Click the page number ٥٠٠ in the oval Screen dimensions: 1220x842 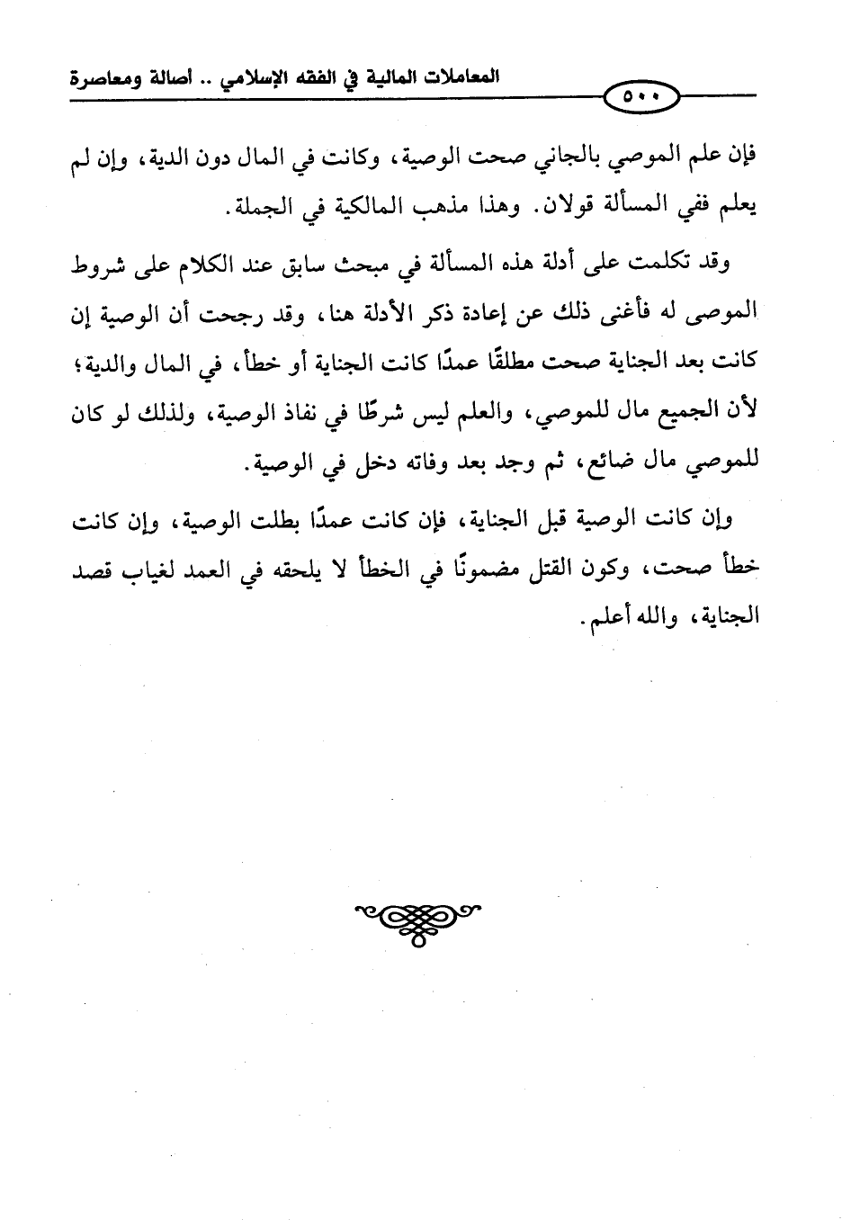click(x=640, y=95)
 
